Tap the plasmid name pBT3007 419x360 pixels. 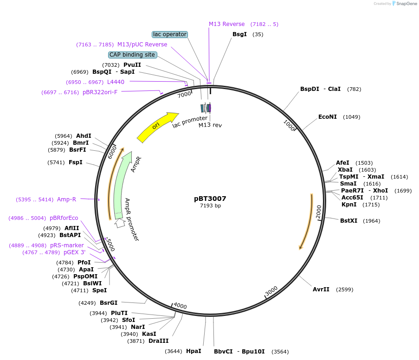coord(210,199)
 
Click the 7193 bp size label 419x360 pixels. coord(210,206)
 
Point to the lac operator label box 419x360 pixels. coord(170,34)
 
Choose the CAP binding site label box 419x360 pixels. coord(132,55)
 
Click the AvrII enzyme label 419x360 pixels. coord(321,289)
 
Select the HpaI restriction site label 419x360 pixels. coord(193,351)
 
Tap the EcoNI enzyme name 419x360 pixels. coord(328,117)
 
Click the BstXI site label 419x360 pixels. coord(349,221)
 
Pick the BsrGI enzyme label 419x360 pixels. coord(109,303)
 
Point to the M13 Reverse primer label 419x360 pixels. coord(226,24)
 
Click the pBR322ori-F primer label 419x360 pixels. coord(100,92)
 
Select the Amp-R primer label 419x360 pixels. coord(66,199)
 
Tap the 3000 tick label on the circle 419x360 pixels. coord(271,291)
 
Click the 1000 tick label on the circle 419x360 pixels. coord(289,125)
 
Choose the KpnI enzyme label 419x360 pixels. coord(348,205)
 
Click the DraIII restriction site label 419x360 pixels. coord(159,341)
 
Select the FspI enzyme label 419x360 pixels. coord(76,162)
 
